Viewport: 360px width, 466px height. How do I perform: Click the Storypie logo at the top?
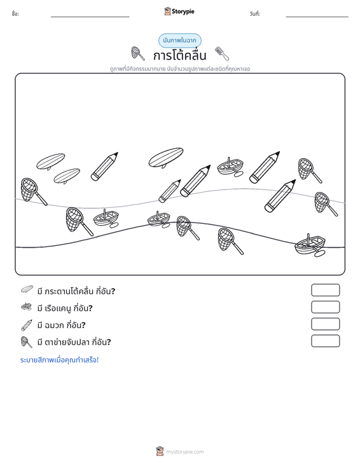(179, 11)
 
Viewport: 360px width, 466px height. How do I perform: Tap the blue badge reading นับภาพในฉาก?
(179, 41)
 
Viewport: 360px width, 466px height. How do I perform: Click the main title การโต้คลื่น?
(179, 55)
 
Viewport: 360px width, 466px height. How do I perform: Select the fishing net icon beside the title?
(138, 53)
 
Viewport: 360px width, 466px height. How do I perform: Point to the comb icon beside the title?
(222, 53)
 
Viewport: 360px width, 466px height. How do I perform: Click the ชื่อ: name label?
(15, 14)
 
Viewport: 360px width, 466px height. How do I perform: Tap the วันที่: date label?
(255, 14)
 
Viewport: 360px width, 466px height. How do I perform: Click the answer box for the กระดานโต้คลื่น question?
(325, 290)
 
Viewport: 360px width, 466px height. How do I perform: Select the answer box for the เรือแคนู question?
(325, 307)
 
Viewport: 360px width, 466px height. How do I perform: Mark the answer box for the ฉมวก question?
(325, 324)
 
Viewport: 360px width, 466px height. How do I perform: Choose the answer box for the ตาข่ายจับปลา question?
(325, 341)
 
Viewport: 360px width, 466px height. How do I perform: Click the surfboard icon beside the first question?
(27, 289)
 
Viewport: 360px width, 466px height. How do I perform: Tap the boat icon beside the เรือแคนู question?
(27, 306)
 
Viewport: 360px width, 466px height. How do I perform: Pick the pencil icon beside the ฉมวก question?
(27, 325)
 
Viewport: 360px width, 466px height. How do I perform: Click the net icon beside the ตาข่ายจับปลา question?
(27, 342)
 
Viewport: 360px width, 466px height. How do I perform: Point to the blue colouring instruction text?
(59, 360)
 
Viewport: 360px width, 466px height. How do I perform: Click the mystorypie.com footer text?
(185, 452)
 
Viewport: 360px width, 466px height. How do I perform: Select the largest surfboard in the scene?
(166, 158)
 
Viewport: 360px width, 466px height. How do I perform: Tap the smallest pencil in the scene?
(170, 191)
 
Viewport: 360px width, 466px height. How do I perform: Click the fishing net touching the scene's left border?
(32, 191)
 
